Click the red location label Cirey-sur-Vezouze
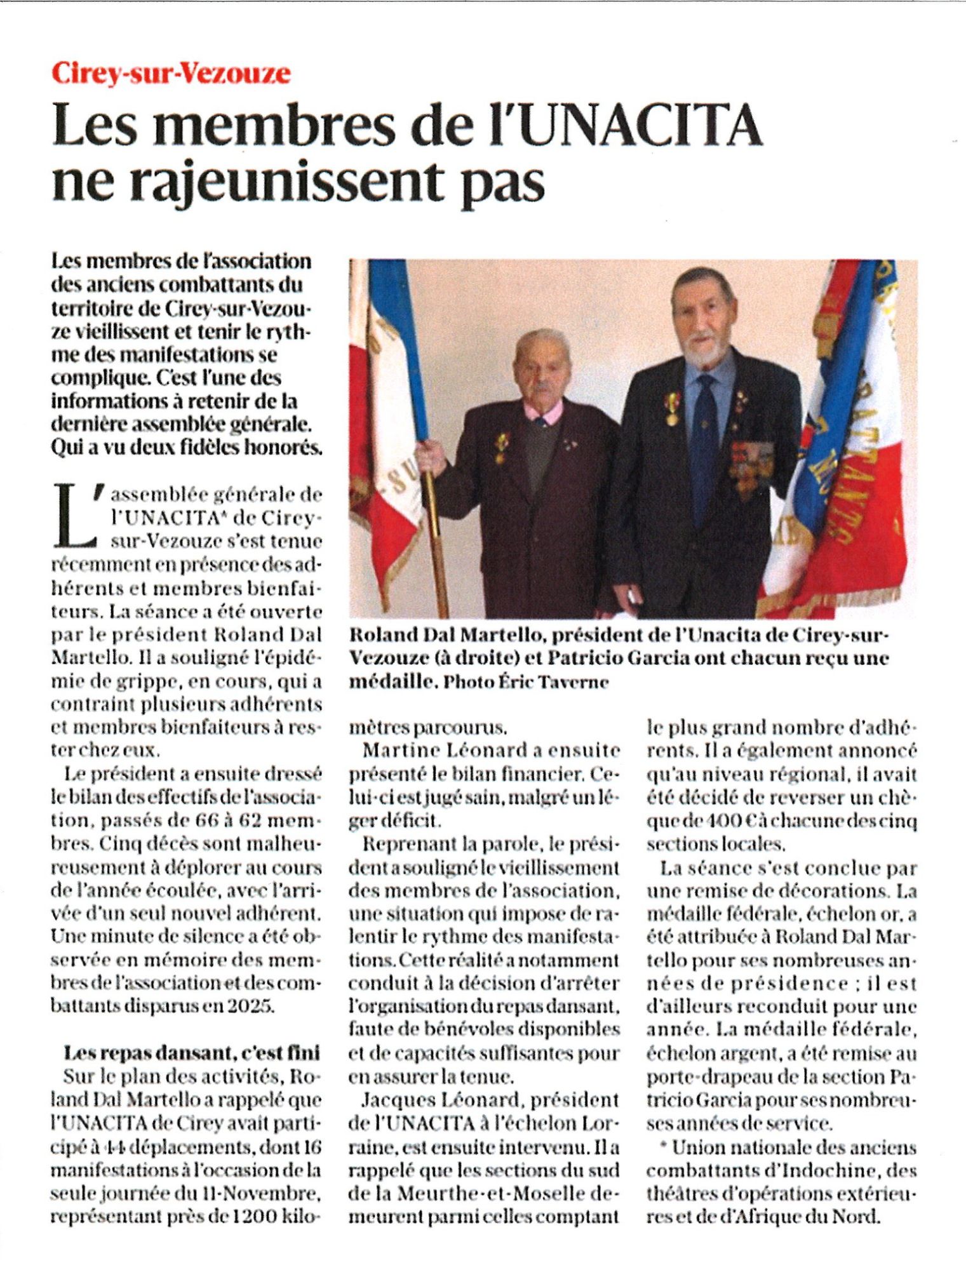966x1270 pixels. point(171,74)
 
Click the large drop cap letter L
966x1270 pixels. point(72,516)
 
